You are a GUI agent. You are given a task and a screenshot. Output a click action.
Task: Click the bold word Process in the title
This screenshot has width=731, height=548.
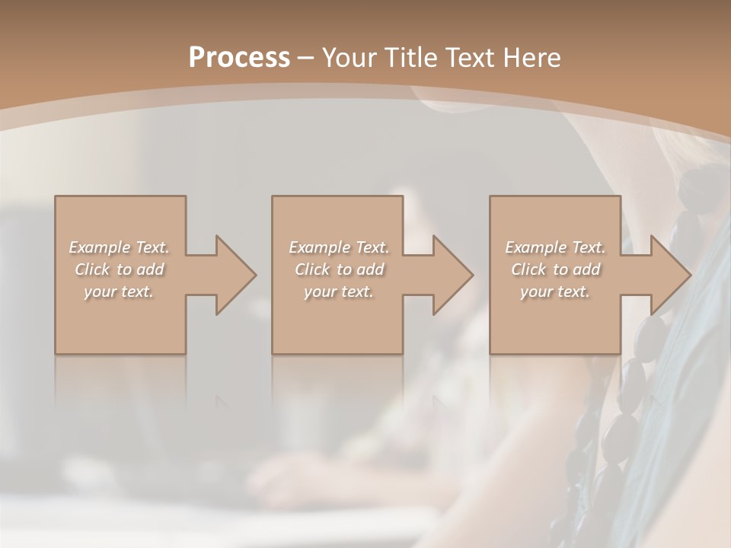click(239, 58)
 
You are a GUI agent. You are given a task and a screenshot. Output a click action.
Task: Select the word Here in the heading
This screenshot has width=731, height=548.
click(531, 58)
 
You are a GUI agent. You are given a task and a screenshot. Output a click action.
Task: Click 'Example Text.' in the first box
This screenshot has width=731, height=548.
click(119, 247)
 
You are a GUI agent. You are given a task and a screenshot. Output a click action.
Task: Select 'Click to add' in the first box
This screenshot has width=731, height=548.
click(119, 269)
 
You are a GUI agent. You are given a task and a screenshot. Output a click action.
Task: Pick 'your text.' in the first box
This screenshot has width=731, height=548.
click(119, 292)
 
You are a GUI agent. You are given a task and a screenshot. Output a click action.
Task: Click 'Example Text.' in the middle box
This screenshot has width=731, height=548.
click(339, 247)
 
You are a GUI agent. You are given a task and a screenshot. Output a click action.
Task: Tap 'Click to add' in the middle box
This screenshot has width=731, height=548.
click(339, 269)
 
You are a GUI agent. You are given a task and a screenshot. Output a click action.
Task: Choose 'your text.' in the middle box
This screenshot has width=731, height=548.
click(339, 292)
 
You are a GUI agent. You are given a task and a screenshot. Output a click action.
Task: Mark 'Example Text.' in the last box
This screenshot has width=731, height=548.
click(555, 247)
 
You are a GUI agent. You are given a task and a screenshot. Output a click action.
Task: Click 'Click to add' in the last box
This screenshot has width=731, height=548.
click(555, 269)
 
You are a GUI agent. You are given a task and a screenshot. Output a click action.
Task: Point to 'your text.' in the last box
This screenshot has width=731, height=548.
click(555, 292)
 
